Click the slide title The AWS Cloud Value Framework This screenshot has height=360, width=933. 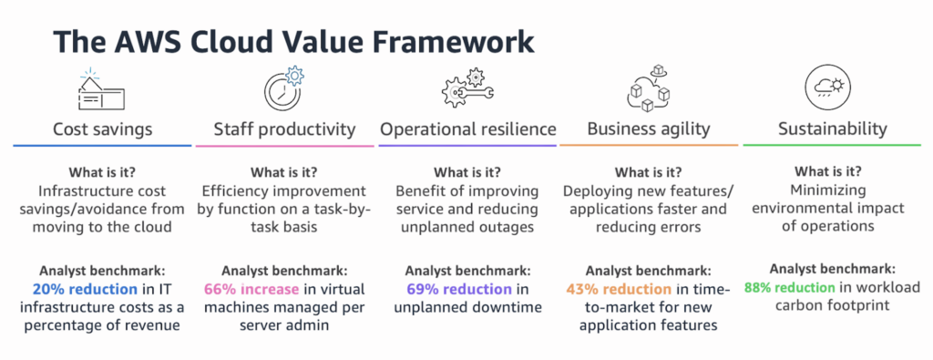[293, 43]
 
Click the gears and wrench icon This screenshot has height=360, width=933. [467, 88]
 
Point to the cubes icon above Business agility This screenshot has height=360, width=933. [648, 88]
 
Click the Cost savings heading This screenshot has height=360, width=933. [102, 129]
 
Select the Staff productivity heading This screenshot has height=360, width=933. [284, 129]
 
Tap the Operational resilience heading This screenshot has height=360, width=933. [468, 129]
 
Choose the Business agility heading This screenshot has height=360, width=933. [648, 129]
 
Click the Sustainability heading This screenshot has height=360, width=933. [833, 129]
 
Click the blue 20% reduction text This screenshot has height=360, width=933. [85, 289]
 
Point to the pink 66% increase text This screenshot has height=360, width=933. [251, 289]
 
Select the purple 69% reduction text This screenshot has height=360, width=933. [459, 289]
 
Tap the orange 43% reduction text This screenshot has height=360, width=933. [620, 289]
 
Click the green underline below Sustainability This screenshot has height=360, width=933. [832, 145]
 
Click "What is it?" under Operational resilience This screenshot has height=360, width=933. [467, 172]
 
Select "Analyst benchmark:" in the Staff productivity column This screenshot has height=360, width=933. [284, 270]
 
